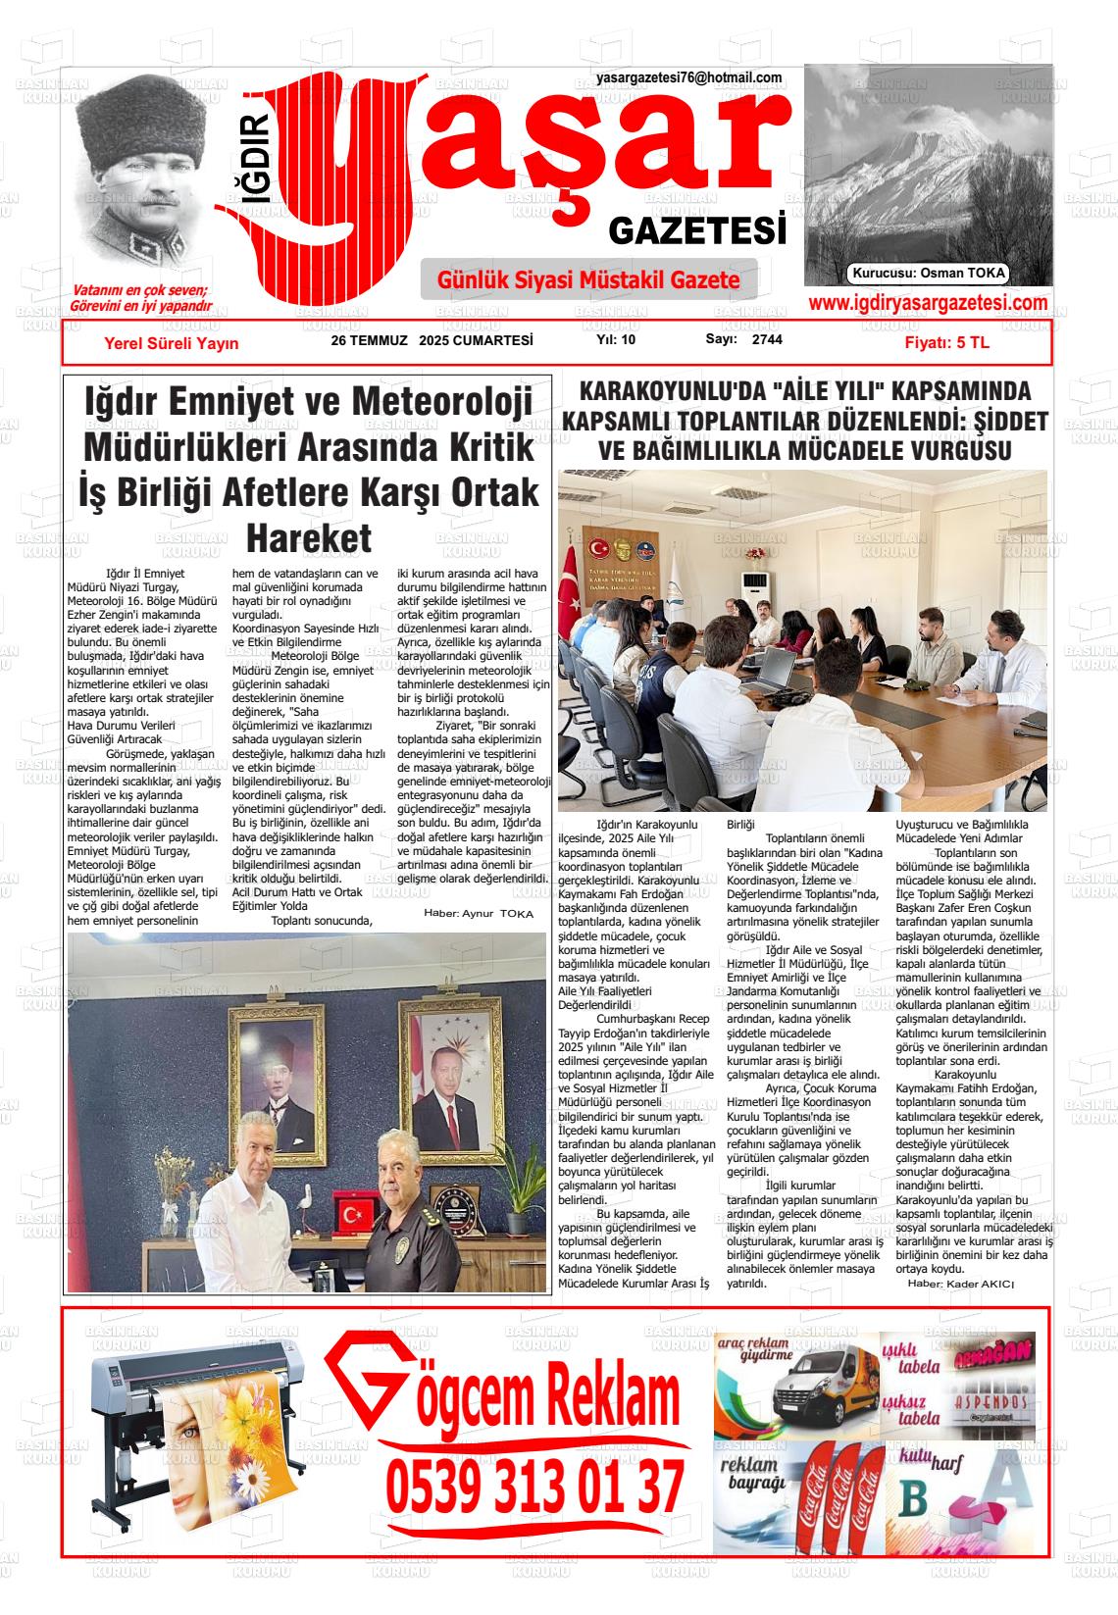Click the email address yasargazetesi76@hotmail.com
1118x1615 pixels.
tap(688, 78)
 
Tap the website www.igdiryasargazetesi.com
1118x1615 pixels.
tap(928, 304)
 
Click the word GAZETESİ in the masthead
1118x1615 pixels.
tap(697, 231)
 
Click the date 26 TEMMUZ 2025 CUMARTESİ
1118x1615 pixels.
tap(432, 340)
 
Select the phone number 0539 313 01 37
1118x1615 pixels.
tap(534, 1488)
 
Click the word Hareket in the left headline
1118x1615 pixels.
tap(308, 538)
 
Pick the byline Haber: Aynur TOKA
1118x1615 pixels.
tap(479, 913)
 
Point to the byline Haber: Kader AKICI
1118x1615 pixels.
tap(960, 1284)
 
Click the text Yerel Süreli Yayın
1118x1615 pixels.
tap(171, 343)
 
